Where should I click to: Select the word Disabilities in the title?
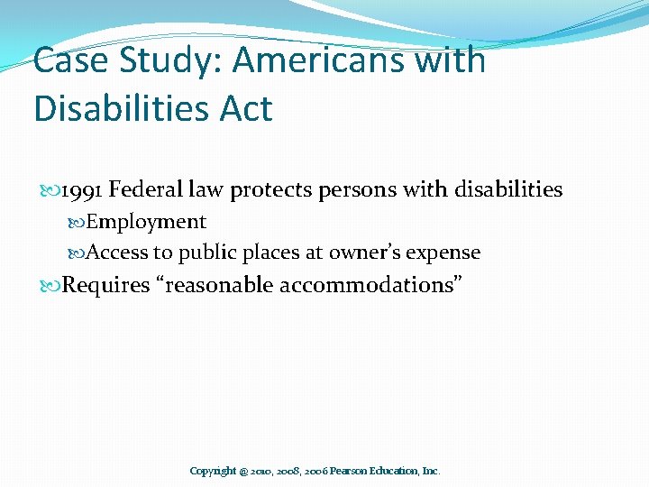point(122,109)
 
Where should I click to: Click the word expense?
point(446,253)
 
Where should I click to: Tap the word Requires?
point(105,286)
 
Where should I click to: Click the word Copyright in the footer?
point(213,471)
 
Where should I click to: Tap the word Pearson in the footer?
point(354,471)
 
